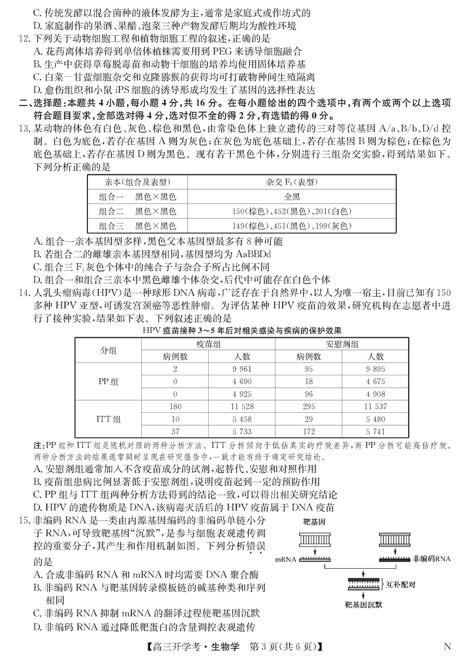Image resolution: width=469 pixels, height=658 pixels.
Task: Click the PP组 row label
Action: (x=108, y=381)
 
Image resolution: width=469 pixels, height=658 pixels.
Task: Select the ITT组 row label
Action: (x=108, y=419)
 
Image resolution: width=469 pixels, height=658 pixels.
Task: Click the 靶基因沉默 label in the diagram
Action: (x=363, y=605)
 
